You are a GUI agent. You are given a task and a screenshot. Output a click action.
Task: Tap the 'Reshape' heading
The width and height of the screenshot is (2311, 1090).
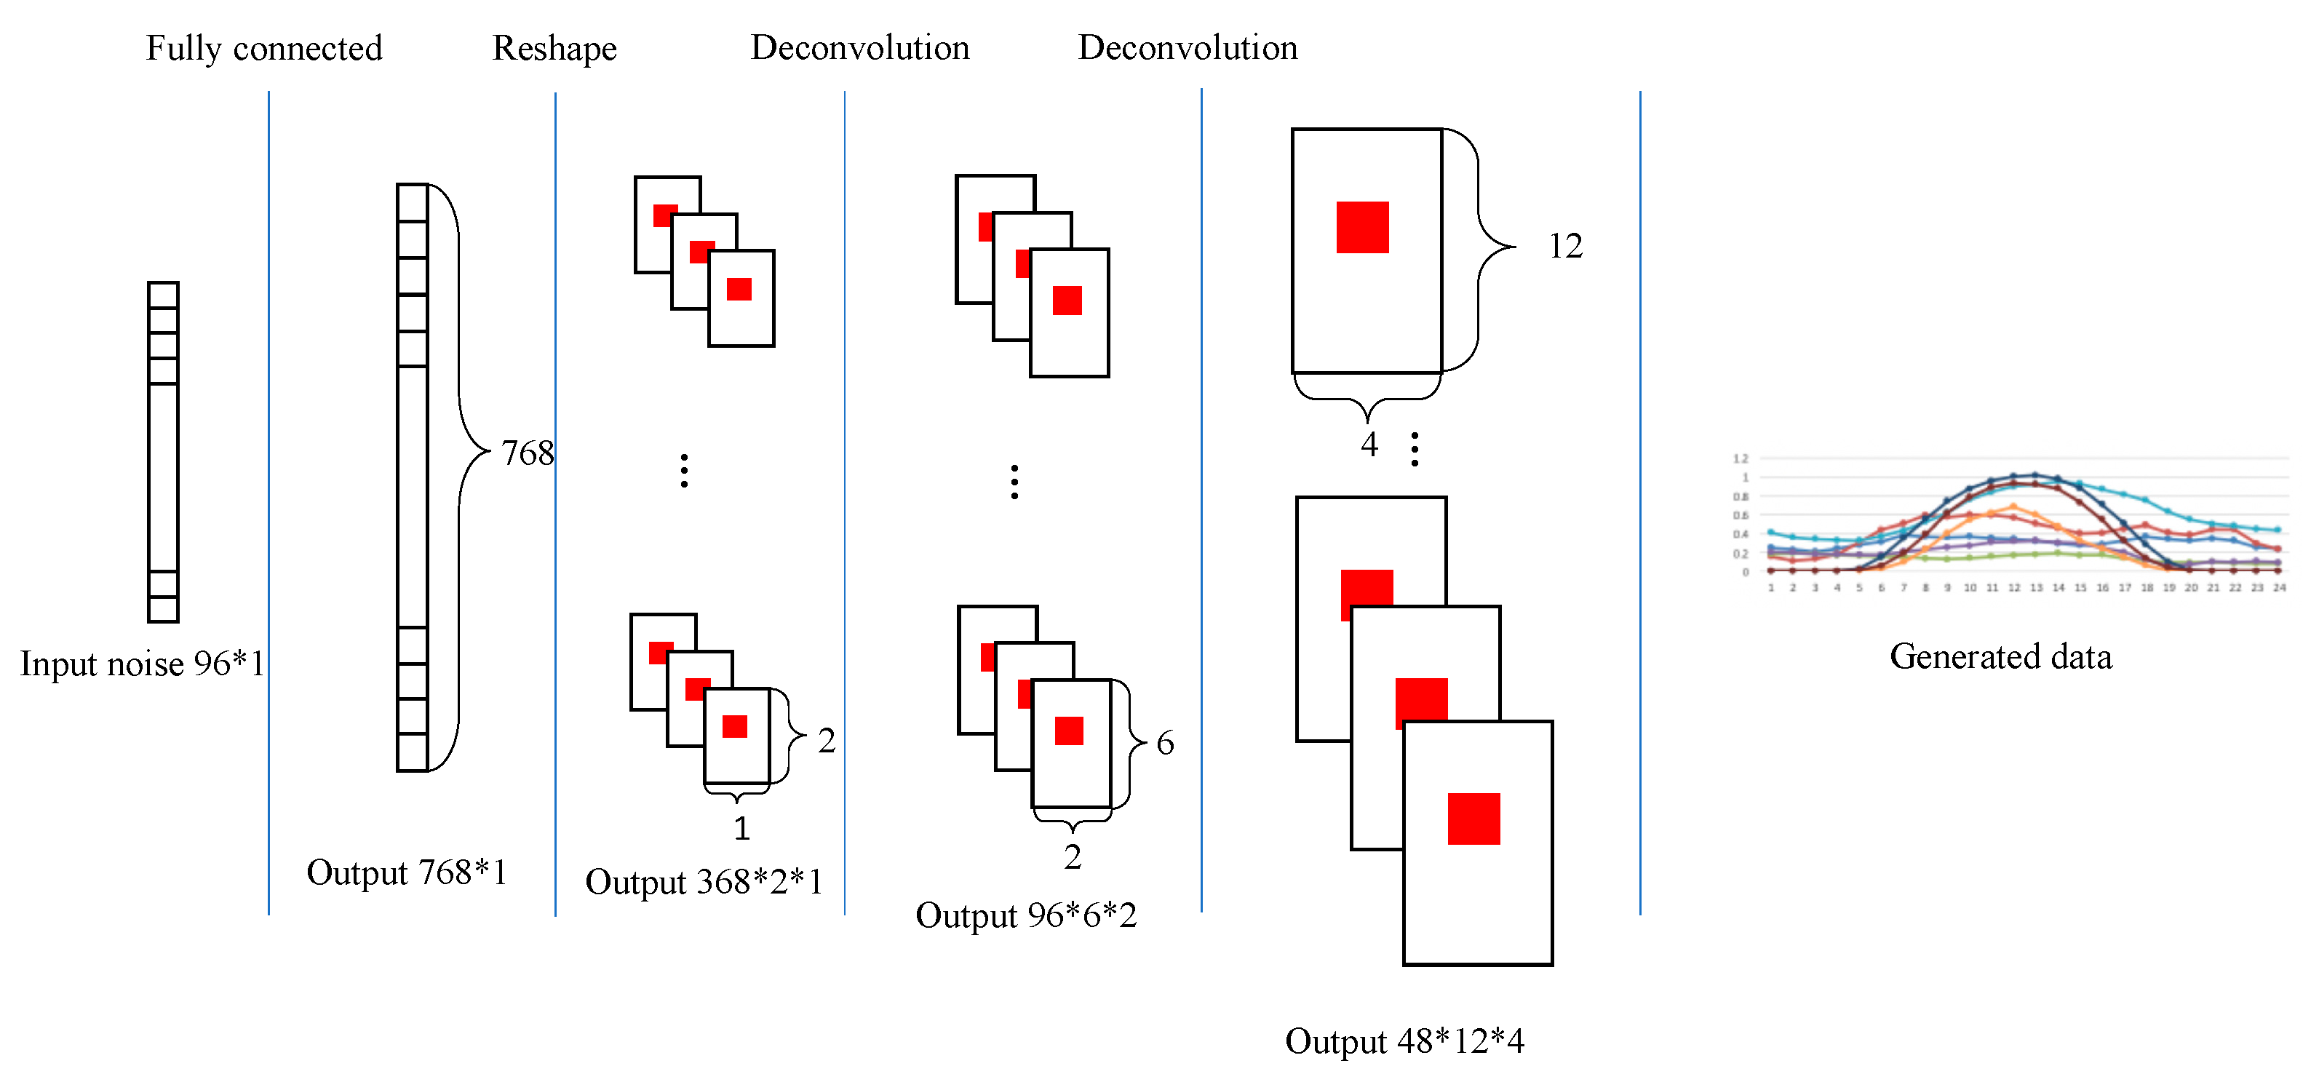(x=554, y=49)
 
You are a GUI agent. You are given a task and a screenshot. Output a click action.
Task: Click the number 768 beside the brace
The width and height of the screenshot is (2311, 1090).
(x=527, y=453)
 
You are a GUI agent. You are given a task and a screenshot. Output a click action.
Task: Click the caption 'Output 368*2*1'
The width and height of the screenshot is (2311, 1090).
(x=704, y=882)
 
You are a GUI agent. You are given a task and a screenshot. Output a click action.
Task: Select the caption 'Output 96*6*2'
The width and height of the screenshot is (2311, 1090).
(x=1025, y=916)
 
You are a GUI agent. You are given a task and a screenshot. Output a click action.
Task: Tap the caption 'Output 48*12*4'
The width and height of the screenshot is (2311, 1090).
(x=1404, y=1041)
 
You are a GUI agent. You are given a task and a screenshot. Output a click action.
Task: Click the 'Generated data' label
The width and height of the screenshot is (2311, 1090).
(x=2000, y=656)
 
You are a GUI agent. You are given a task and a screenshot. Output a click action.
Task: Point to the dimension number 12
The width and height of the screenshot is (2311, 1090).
(x=1565, y=246)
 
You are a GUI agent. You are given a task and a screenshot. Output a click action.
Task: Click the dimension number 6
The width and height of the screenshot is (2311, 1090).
(x=1164, y=743)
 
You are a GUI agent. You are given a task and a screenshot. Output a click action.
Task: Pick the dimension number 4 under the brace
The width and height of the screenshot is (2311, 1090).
(x=1369, y=444)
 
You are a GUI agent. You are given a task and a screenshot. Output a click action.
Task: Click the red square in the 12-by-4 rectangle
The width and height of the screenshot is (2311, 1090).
(x=1362, y=227)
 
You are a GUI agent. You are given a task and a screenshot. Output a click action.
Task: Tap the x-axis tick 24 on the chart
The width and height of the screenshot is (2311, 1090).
(x=2279, y=589)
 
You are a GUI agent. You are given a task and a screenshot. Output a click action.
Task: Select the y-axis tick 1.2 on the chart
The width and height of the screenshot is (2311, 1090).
(x=1740, y=458)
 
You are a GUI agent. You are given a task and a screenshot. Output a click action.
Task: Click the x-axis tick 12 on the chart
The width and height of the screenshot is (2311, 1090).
(x=2014, y=589)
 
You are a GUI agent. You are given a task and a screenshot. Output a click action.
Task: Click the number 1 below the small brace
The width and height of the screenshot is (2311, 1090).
(x=741, y=828)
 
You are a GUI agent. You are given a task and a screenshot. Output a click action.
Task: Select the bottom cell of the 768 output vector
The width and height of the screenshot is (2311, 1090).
(x=412, y=752)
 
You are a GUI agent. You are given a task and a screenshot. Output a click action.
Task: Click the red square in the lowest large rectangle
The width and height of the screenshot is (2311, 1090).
(x=1473, y=818)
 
